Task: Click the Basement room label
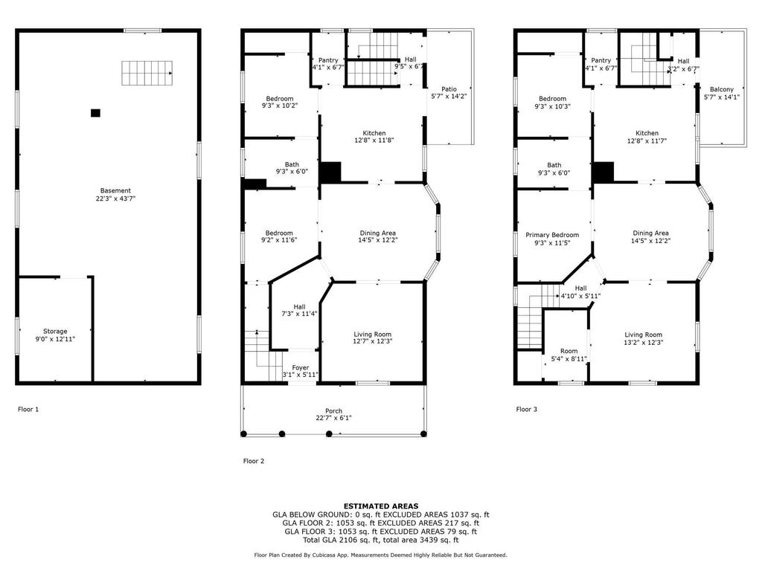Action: coord(115,191)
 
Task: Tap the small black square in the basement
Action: coord(95,113)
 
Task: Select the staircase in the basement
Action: coord(147,74)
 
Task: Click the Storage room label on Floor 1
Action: coord(55,331)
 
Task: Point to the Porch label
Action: coord(334,410)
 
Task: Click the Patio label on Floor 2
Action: coord(449,89)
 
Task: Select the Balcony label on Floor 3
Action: coord(722,89)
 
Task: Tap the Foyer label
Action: coord(301,367)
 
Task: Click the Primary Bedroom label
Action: coord(552,235)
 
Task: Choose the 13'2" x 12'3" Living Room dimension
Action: coord(644,342)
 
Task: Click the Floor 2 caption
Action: coord(254,461)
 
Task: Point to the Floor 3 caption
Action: coord(526,410)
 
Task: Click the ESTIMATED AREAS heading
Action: coord(381,506)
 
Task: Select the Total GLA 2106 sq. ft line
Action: coord(381,540)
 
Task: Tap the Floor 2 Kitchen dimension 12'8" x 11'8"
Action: coord(374,141)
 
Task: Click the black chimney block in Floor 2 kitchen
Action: coord(330,172)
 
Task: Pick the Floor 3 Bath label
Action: coord(554,165)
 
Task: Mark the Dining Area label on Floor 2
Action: coord(377,233)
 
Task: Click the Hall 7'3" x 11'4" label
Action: coord(299,310)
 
